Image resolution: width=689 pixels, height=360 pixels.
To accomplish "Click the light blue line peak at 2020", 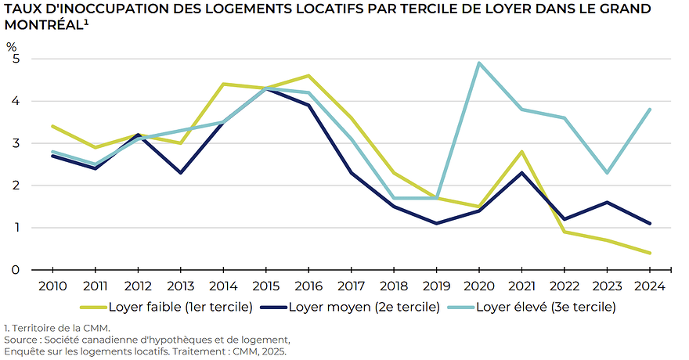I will (478, 63).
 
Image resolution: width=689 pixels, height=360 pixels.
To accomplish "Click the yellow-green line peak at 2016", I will (309, 76).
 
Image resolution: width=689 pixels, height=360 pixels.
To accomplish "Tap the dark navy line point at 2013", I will (182, 172).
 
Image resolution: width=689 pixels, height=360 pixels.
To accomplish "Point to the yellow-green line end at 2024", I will (649, 253).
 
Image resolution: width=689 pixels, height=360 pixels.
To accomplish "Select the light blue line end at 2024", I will (649, 110).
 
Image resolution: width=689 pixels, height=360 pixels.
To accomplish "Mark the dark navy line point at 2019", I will (436, 223).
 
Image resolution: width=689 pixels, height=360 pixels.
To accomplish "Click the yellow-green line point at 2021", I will (521, 152).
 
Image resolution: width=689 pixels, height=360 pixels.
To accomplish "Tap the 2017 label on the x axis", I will (352, 286).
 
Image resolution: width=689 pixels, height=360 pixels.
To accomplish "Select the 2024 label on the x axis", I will (649, 286).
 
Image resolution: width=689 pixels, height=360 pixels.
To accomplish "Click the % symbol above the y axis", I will (12, 45).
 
